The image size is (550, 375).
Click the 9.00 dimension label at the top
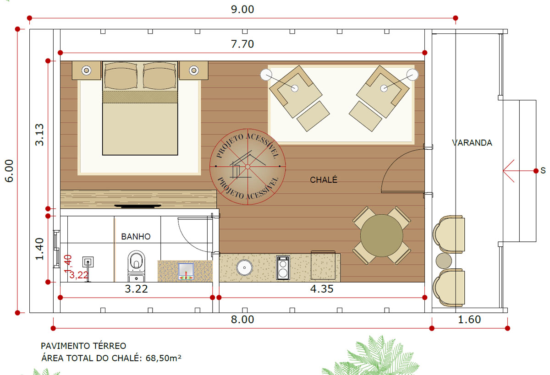coord(242,10)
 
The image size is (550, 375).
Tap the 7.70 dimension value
coord(242,44)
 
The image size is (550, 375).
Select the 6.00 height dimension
coord(9,171)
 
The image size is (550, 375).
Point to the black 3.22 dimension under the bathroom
coord(136,289)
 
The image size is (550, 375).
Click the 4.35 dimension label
coord(322,289)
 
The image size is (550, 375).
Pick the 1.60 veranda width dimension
coord(469,320)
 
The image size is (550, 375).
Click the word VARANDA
coord(472,143)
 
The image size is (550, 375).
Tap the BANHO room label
coord(136,237)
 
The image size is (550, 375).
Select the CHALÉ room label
coord(324,180)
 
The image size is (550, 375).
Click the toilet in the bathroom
coord(136,266)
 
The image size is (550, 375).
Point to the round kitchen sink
coord(244,267)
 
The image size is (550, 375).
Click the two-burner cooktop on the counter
coord(283,267)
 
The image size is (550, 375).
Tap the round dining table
coord(381,236)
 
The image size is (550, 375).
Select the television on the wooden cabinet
coord(138,206)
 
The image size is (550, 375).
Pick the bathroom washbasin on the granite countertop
coord(186,271)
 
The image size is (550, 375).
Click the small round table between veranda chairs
coord(444,261)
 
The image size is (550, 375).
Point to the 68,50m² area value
coord(164,358)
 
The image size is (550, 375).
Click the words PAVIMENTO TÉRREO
coord(83,346)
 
